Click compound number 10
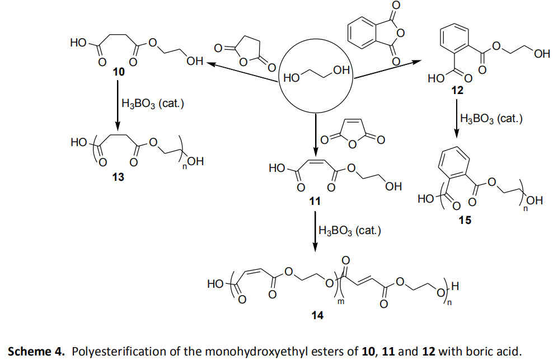[119, 72]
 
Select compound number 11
[315, 202]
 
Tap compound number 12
[457, 91]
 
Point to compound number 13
[118, 177]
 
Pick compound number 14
[317, 315]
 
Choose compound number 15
[465, 221]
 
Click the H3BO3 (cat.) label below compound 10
[153, 104]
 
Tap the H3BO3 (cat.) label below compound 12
[491, 119]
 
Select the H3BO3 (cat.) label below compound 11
[350, 231]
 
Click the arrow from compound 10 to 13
[118, 106]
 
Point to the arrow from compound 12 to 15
[457, 119]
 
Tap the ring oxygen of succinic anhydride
[243, 62]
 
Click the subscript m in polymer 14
[341, 302]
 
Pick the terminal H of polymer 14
[455, 286]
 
